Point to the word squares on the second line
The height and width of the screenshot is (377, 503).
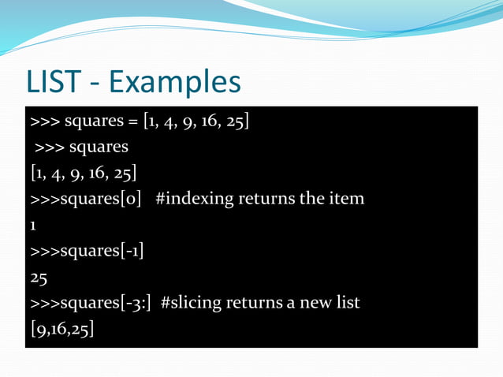point(99,147)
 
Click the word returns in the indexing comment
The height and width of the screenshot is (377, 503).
point(265,198)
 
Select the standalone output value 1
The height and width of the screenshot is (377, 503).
point(33,225)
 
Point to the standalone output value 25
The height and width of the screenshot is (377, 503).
point(39,277)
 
